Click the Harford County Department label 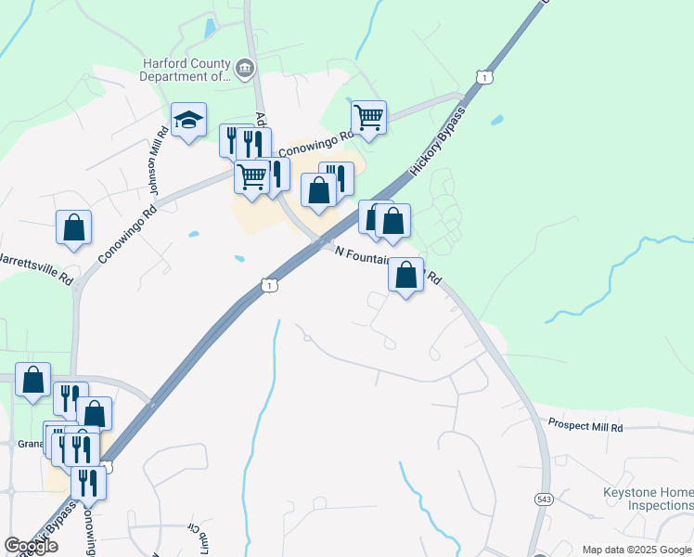coord(185,71)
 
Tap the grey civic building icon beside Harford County coord(245,66)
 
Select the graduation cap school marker coord(188,120)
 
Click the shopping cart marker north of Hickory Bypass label coord(368,118)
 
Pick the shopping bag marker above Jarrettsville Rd coord(73,227)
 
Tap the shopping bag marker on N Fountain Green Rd coord(405,275)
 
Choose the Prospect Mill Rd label coord(585,426)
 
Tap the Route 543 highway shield coord(543,499)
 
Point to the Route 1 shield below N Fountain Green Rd coord(268,285)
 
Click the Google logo coord(31,546)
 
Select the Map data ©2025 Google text coord(636,550)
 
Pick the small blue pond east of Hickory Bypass coord(497,120)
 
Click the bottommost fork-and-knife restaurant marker coord(88,483)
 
